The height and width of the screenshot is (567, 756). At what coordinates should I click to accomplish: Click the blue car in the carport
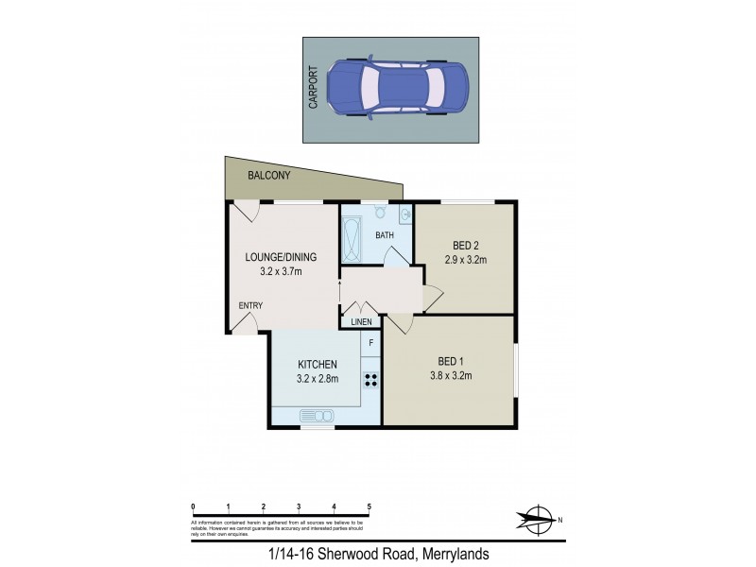click(x=397, y=88)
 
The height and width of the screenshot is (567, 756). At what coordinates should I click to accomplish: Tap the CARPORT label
click(x=314, y=88)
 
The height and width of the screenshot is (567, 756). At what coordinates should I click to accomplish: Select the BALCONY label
click(x=269, y=176)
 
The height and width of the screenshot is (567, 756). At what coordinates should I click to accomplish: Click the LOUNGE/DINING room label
click(x=281, y=257)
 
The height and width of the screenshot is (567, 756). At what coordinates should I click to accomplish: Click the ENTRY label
click(x=250, y=305)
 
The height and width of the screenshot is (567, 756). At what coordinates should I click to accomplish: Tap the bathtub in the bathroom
click(x=351, y=241)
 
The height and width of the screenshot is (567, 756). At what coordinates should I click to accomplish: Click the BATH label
click(x=385, y=234)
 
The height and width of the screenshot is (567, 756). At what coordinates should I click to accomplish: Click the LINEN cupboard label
click(x=361, y=322)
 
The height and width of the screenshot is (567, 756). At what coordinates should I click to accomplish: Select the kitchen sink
click(x=318, y=415)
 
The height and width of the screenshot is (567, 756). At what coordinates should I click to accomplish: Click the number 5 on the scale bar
click(x=369, y=507)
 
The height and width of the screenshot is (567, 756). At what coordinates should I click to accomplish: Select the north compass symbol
click(x=537, y=519)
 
